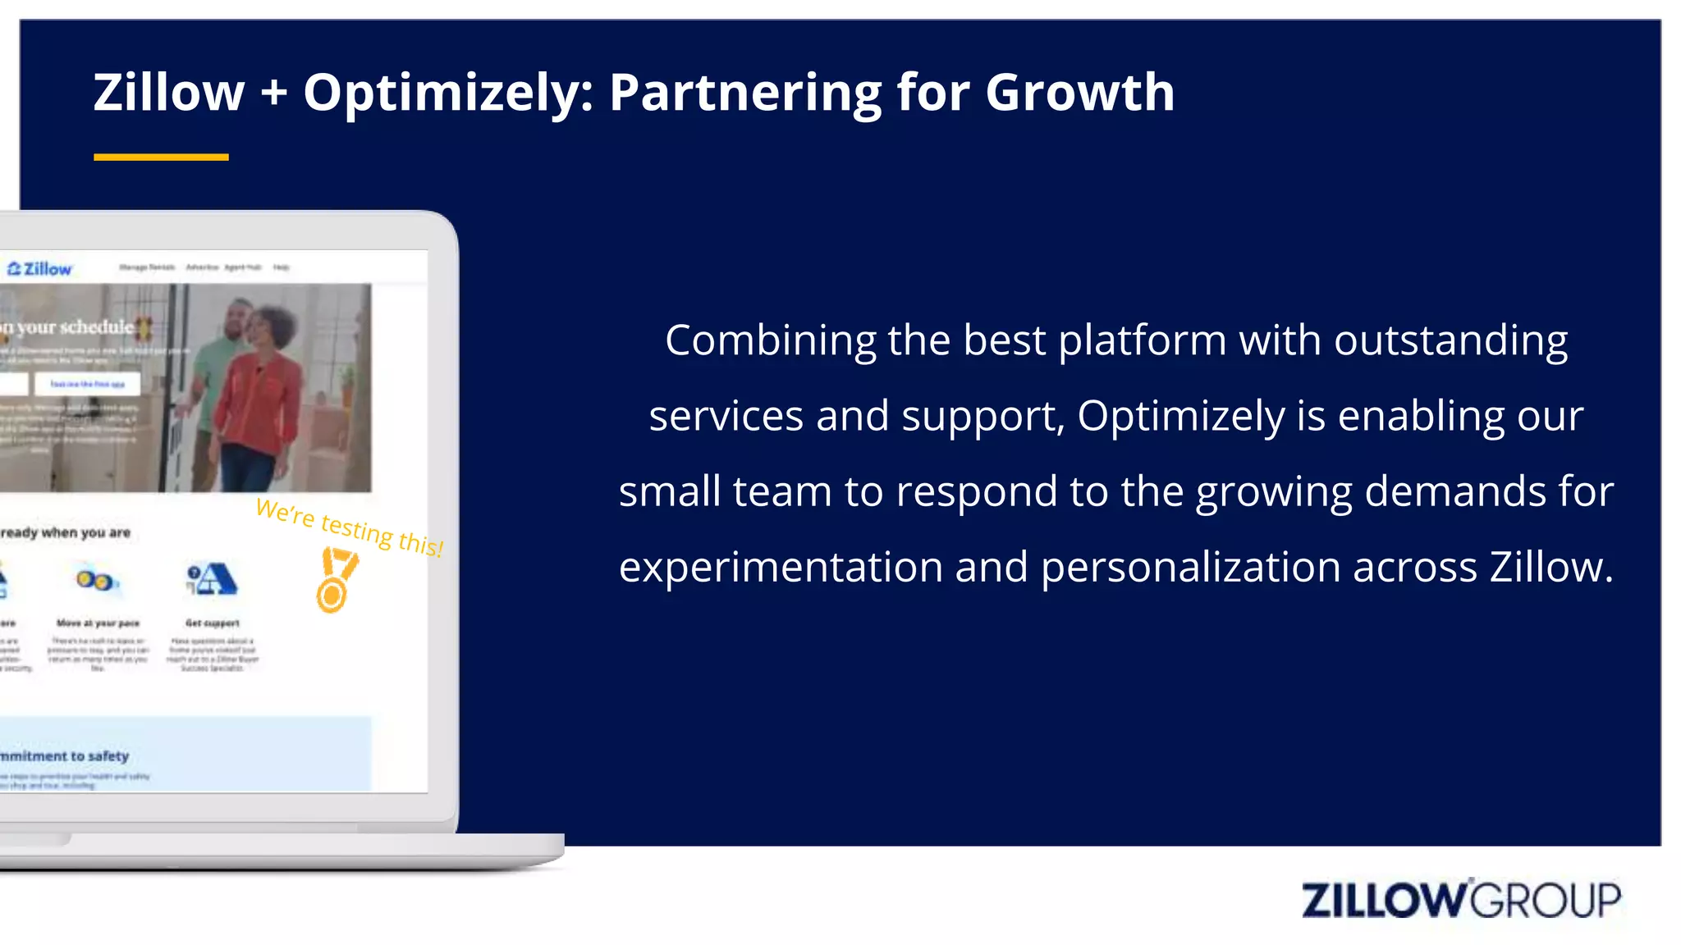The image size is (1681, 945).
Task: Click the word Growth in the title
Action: [x=1079, y=92]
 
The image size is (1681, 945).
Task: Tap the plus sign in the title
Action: [x=274, y=92]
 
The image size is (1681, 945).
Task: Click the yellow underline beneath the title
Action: [x=161, y=157]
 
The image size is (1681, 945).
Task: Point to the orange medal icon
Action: [x=336, y=581]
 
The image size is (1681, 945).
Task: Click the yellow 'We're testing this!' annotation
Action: [x=350, y=527]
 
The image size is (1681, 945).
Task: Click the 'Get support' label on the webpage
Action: [x=213, y=623]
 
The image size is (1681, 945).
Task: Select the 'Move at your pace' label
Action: [x=98, y=623]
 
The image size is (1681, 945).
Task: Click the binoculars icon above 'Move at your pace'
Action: [x=96, y=581]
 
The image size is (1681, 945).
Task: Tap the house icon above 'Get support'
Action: [x=212, y=579]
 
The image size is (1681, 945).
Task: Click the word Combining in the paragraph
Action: [x=770, y=340]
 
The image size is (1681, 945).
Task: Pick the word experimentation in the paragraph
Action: [x=781, y=567]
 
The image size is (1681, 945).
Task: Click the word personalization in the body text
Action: [x=1190, y=567]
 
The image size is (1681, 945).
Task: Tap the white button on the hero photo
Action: [x=87, y=384]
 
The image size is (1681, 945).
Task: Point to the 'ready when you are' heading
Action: [x=66, y=533]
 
